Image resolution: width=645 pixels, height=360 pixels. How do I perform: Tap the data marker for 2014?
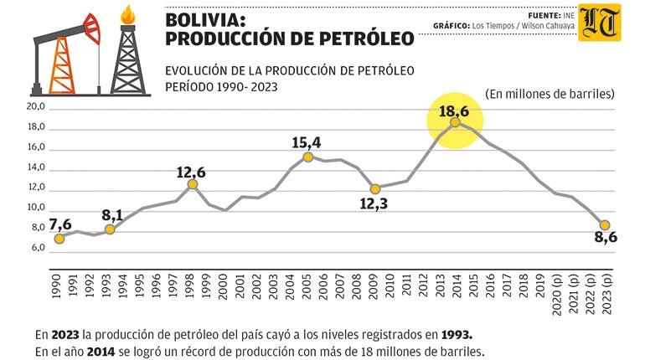pos(455,122)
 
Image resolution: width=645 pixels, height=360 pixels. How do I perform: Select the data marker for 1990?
pos(59,239)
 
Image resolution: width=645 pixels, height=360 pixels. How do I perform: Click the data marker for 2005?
pos(308,157)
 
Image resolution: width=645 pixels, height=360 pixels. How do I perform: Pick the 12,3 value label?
pos(375,203)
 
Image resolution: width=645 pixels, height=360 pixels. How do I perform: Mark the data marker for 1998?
pos(192,184)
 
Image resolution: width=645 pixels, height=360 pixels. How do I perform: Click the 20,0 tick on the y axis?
pos(36,108)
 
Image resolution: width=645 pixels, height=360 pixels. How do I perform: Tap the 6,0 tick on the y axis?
pos(39,249)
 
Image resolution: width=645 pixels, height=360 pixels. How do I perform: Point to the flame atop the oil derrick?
pos(127,14)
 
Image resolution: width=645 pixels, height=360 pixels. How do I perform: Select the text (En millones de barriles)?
pos(550,93)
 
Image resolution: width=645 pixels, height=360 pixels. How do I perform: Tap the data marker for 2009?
pos(374,189)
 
